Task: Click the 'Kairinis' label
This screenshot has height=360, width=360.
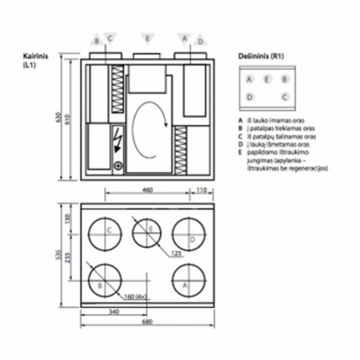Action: (35, 55)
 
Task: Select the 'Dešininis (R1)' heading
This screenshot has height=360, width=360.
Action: (259, 55)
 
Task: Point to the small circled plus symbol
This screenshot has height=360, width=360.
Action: (116, 166)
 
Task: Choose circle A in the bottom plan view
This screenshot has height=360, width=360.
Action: (185, 281)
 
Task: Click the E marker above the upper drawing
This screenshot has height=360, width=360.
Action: (147, 39)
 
